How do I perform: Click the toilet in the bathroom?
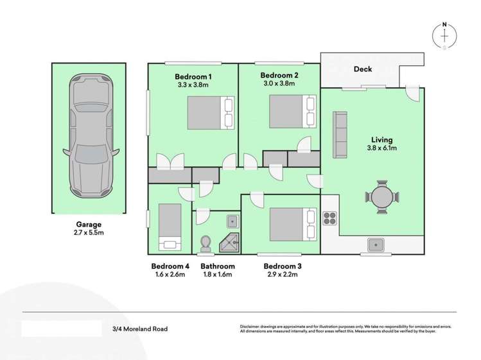coord(206,244)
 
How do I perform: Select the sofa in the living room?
coord(339,134)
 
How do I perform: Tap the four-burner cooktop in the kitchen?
coord(331,219)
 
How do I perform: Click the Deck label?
coord(363,69)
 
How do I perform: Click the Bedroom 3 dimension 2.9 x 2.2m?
coord(280,275)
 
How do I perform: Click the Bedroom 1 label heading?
coord(194,76)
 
